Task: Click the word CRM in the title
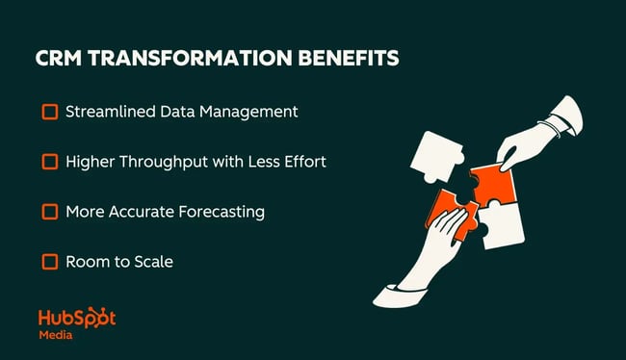click(x=62, y=59)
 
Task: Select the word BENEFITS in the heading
click(x=344, y=59)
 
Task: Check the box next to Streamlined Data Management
click(x=49, y=112)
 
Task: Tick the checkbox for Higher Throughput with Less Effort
click(x=49, y=162)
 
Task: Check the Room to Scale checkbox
click(x=49, y=261)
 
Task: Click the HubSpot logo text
click(x=76, y=319)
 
